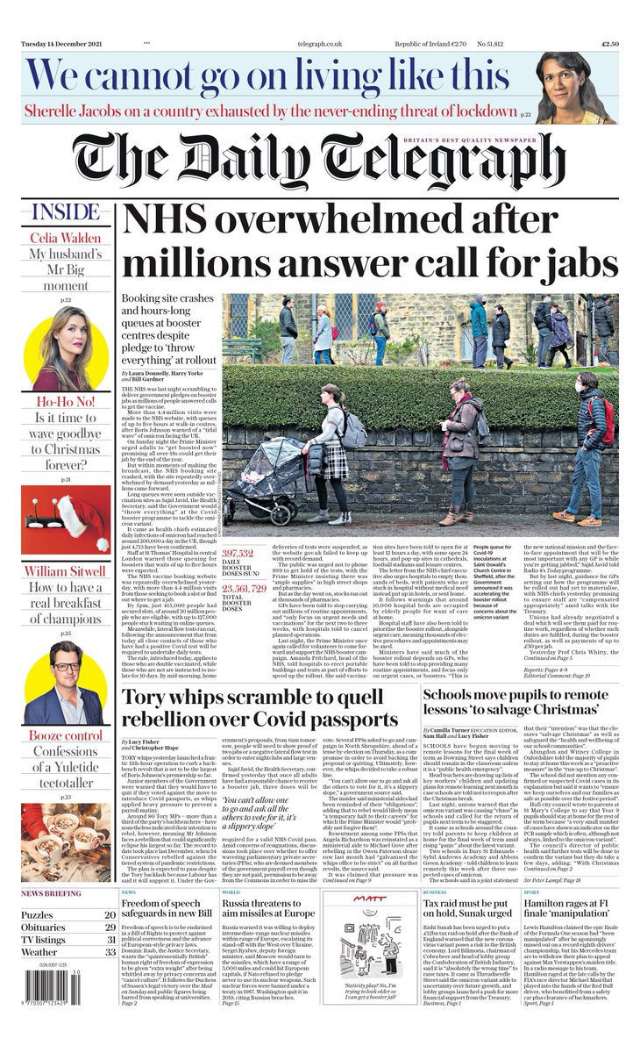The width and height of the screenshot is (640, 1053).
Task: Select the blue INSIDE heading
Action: pos(65,213)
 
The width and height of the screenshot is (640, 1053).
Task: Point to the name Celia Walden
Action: pos(66,239)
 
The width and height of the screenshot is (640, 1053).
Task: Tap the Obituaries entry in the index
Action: pos(44,927)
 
